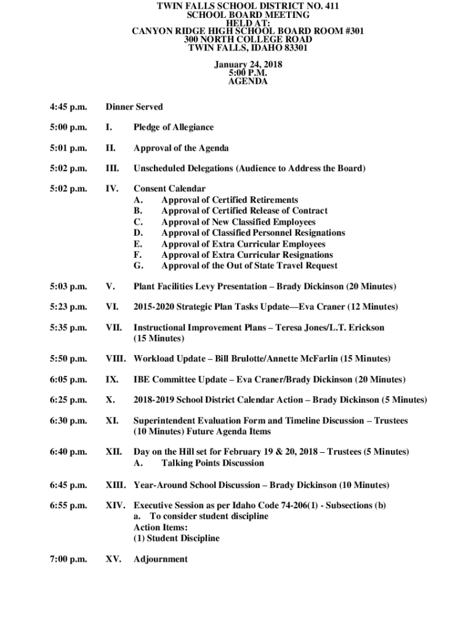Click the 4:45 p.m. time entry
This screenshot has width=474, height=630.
(68, 107)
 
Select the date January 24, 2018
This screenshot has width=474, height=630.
(248, 64)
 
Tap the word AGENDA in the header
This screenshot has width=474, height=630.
(248, 81)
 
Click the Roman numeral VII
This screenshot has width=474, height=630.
(113, 328)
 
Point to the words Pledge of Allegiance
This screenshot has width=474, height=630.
(174, 127)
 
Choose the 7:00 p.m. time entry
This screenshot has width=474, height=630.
(68, 559)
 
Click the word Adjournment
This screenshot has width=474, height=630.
(161, 559)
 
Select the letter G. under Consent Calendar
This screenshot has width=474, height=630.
(139, 266)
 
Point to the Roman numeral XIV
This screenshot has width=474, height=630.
(116, 506)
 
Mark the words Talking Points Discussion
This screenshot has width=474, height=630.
(212, 463)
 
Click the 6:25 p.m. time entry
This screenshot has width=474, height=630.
(68, 400)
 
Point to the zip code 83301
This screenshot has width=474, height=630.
(291, 47)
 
